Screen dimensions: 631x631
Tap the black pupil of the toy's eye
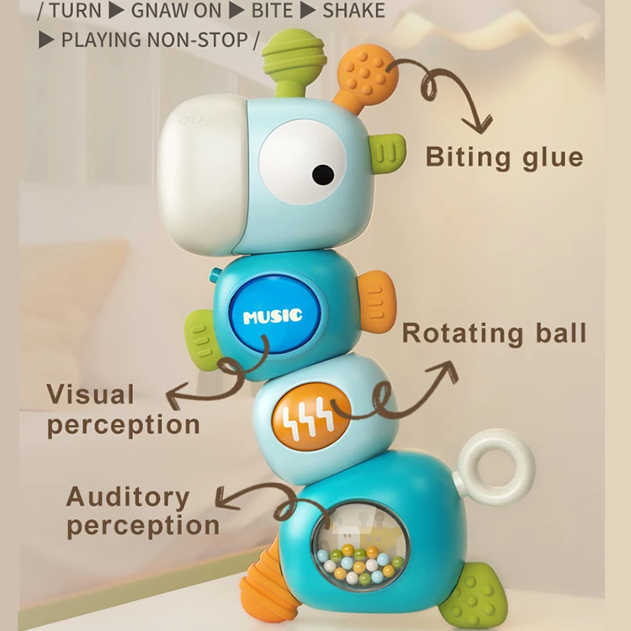point(322,174)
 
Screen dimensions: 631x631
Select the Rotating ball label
point(493,333)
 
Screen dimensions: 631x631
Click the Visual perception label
point(123,409)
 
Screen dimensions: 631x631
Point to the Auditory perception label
point(142,511)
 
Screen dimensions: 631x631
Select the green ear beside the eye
point(385,152)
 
